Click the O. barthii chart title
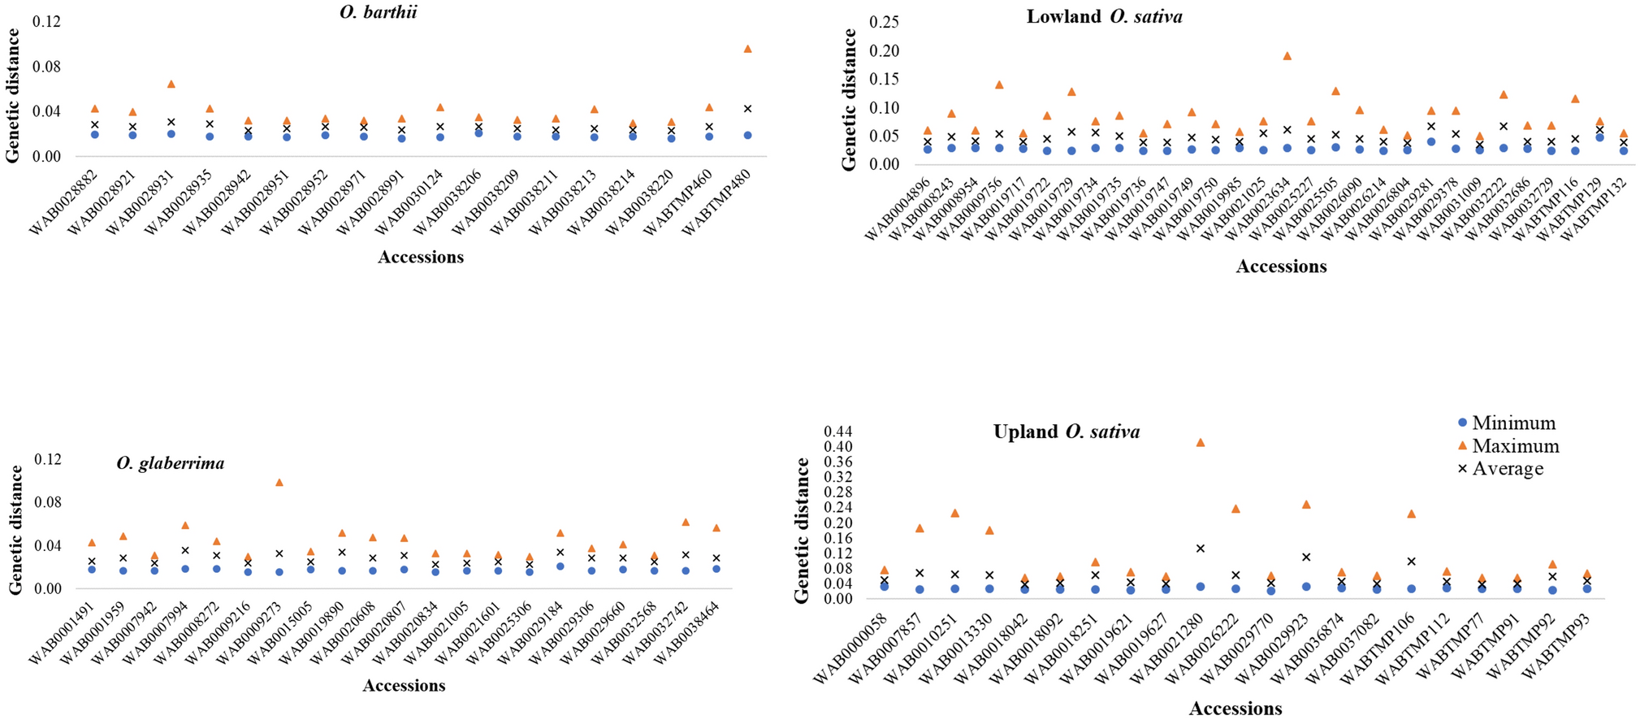click(379, 12)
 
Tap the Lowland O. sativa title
click(1104, 16)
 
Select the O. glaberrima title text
click(171, 463)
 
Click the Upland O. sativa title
click(1066, 432)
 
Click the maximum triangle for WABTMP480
click(747, 49)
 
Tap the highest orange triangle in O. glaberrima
click(279, 482)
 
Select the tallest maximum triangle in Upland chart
click(1201, 442)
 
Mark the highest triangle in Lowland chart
click(1287, 56)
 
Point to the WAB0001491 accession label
click(62, 634)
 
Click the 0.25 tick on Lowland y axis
click(884, 22)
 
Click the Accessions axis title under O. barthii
click(421, 258)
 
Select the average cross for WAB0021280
click(1201, 549)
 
